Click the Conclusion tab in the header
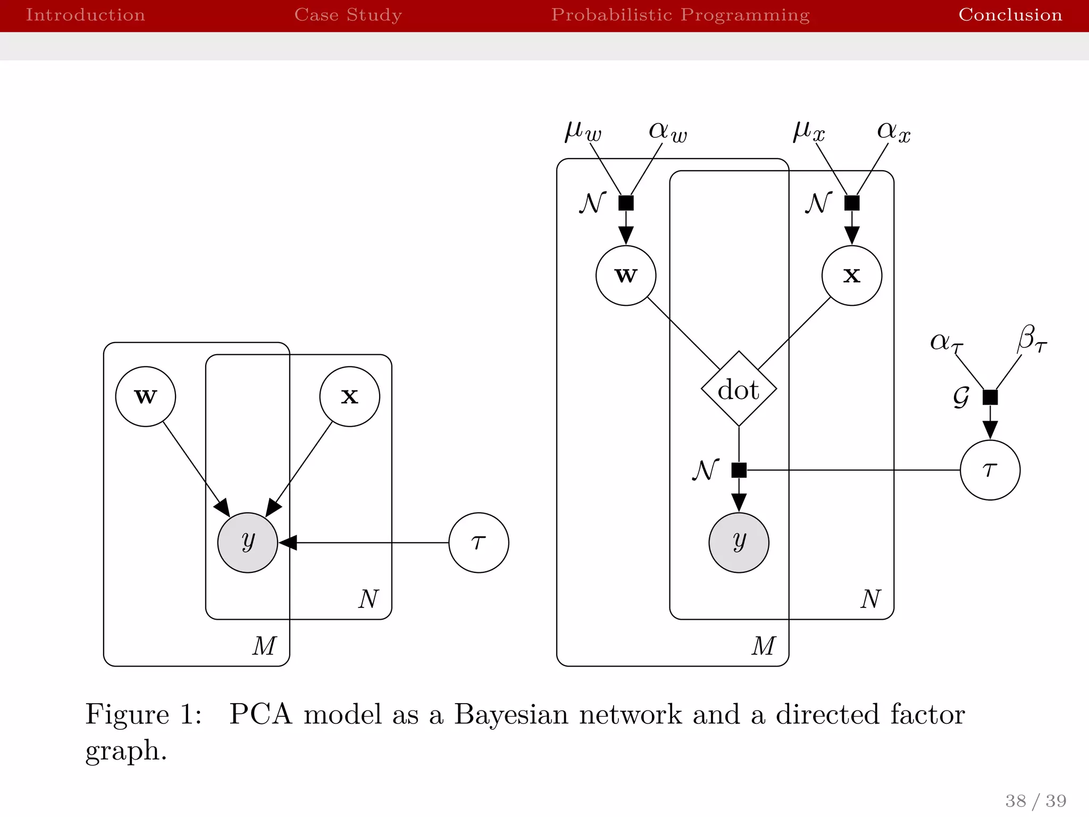click(x=1010, y=15)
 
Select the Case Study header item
click(x=348, y=15)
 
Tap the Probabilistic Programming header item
click(x=680, y=15)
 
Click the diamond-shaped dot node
click(x=739, y=389)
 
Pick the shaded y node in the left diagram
click(x=247, y=542)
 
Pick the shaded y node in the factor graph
click(x=739, y=542)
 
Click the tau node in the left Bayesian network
click(x=479, y=542)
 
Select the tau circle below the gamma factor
click(x=990, y=470)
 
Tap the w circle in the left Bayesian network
click(x=145, y=396)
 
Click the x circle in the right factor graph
click(x=851, y=275)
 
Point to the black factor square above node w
click(x=626, y=203)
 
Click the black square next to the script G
click(x=990, y=397)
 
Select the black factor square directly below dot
click(x=739, y=470)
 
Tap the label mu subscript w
click(x=583, y=131)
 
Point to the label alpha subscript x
click(x=893, y=131)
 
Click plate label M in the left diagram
click(x=264, y=646)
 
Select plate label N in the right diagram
click(x=870, y=599)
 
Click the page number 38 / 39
click(x=1035, y=801)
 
